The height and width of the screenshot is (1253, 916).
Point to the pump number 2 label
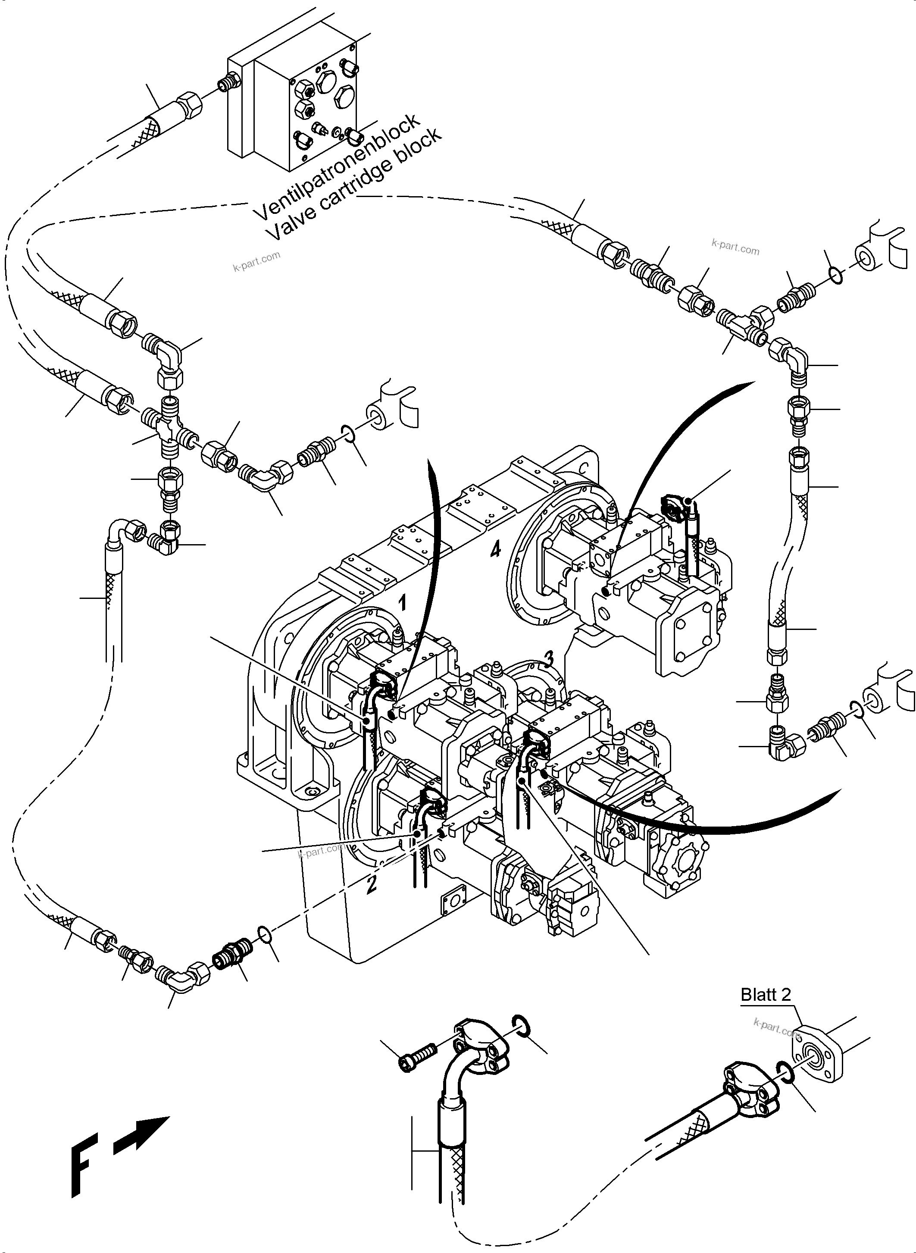pyautogui.click(x=372, y=884)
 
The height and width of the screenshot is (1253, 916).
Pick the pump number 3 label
pyautogui.click(x=548, y=658)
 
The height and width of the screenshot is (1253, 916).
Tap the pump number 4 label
pyautogui.click(x=495, y=549)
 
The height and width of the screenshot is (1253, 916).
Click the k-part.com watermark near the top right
pyautogui.click(x=735, y=246)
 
